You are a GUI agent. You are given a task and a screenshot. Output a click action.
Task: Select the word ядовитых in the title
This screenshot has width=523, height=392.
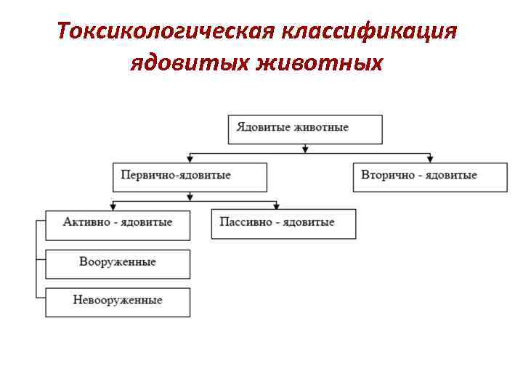click(x=190, y=64)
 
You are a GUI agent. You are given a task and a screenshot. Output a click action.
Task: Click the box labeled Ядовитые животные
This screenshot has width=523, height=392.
click(x=305, y=128)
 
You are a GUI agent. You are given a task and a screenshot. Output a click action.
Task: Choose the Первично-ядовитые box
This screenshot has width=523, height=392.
click(x=190, y=176)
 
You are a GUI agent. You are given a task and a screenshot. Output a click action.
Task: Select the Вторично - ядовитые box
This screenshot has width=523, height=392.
click(x=430, y=176)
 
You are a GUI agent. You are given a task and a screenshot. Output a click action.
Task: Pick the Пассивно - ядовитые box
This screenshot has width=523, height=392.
click(x=284, y=224)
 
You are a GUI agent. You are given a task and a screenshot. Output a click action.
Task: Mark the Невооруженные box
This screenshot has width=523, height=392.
click(x=118, y=302)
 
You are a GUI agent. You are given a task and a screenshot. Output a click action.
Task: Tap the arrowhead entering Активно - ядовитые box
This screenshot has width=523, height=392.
click(x=113, y=207)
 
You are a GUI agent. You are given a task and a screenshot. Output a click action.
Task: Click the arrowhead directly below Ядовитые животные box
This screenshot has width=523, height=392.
click(x=305, y=149)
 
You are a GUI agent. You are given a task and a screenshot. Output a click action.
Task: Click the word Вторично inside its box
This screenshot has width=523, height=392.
click(x=388, y=176)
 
